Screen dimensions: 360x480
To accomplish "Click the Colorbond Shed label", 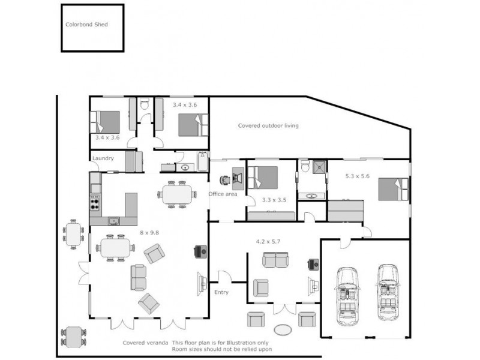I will pos(86,25).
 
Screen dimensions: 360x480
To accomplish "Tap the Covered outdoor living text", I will pos(268,126).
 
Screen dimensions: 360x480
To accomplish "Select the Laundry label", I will pos(103,158).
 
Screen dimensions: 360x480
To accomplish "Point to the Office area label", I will pos(223,194).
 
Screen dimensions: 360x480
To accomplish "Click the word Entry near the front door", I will pos(221,292).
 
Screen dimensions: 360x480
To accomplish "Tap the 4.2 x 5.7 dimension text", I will pos(268,242).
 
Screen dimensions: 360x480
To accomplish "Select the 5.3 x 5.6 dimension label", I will pos(358,176).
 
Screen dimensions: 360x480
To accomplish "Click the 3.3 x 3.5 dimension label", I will pos(274,200).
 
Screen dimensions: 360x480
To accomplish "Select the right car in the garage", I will pos(388,292).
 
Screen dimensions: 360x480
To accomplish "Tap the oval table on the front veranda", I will pos(283,330).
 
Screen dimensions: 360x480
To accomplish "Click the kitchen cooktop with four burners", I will pos(95,202).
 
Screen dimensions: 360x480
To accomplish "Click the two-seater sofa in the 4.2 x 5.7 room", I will pos(275,260).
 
